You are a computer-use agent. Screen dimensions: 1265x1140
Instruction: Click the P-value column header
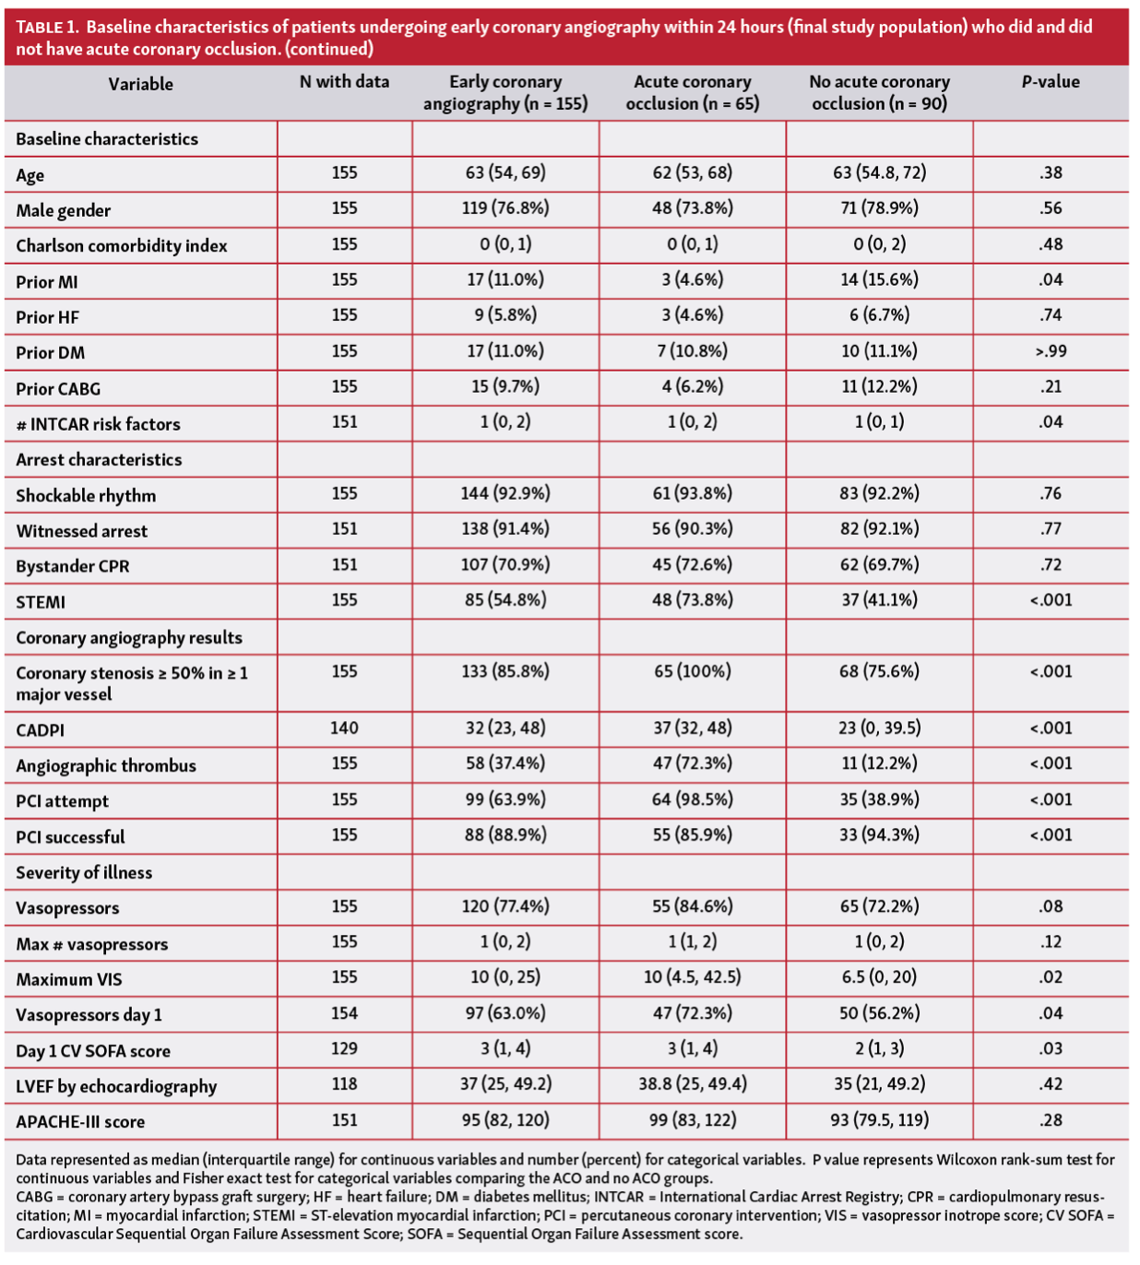1050,82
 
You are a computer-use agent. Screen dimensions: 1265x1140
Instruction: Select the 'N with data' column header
344,82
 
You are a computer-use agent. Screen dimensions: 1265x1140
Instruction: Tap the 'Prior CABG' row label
58,388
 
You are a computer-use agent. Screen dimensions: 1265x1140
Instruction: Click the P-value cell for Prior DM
1050,351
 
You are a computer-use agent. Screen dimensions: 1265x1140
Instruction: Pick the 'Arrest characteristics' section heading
99,459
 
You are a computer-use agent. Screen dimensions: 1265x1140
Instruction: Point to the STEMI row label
41,602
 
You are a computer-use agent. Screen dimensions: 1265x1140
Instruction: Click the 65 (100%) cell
692,671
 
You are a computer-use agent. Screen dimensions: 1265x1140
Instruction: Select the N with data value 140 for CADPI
344,728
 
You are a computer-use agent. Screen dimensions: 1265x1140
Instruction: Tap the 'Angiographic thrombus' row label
106,765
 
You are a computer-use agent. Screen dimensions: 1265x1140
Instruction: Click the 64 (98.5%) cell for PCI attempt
692,799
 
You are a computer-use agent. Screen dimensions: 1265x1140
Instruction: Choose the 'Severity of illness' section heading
84,872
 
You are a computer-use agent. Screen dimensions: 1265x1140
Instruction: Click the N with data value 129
344,1049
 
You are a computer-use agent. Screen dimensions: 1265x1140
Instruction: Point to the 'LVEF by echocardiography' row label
116,1086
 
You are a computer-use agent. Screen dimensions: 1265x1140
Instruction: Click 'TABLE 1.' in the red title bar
47,27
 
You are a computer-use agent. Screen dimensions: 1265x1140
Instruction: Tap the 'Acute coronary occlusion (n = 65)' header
692,93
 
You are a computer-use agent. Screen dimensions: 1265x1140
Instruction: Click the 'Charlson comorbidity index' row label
122,245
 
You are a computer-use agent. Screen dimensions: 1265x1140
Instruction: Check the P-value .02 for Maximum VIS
1050,977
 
